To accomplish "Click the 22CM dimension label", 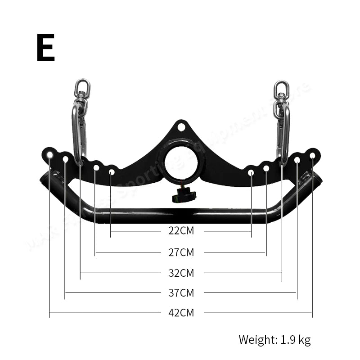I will [181, 231].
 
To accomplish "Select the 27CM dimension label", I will [181, 252].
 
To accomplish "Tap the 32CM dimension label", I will [181, 272].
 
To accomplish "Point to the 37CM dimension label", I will [181, 293].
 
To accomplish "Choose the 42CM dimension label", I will [181, 312].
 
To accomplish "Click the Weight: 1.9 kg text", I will [274, 339].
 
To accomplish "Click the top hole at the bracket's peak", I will [181, 127].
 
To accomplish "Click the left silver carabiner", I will [78, 133].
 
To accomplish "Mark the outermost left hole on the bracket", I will [49, 155].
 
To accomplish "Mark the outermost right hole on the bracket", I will [312, 155].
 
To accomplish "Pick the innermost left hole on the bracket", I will [112, 172].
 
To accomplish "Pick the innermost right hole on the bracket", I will [251, 172].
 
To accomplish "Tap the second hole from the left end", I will [65, 159].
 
